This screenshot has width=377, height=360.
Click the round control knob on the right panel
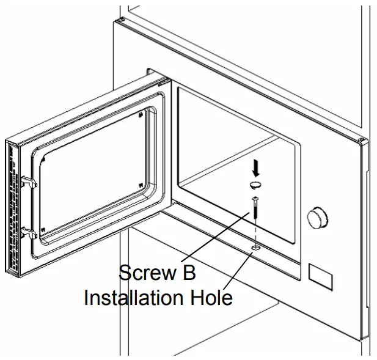coord(317,216)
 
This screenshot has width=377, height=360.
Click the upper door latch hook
coord(29,182)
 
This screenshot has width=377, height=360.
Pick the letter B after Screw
coord(189,273)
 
